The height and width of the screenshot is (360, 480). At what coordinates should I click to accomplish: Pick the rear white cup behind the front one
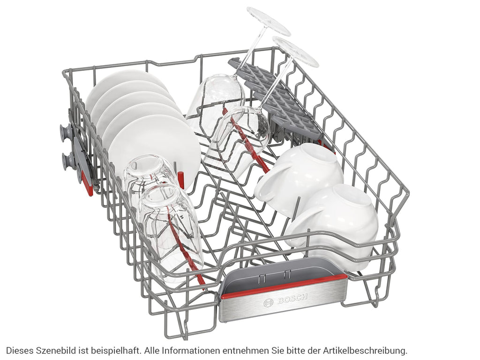pos(300,174)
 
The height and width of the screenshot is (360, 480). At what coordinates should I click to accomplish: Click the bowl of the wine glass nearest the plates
pos(215,99)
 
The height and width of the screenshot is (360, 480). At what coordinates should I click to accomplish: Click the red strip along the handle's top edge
pos(284,287)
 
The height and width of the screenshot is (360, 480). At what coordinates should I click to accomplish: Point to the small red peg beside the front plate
pos(181,180)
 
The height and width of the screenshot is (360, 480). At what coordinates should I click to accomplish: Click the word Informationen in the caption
pos(190,350)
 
